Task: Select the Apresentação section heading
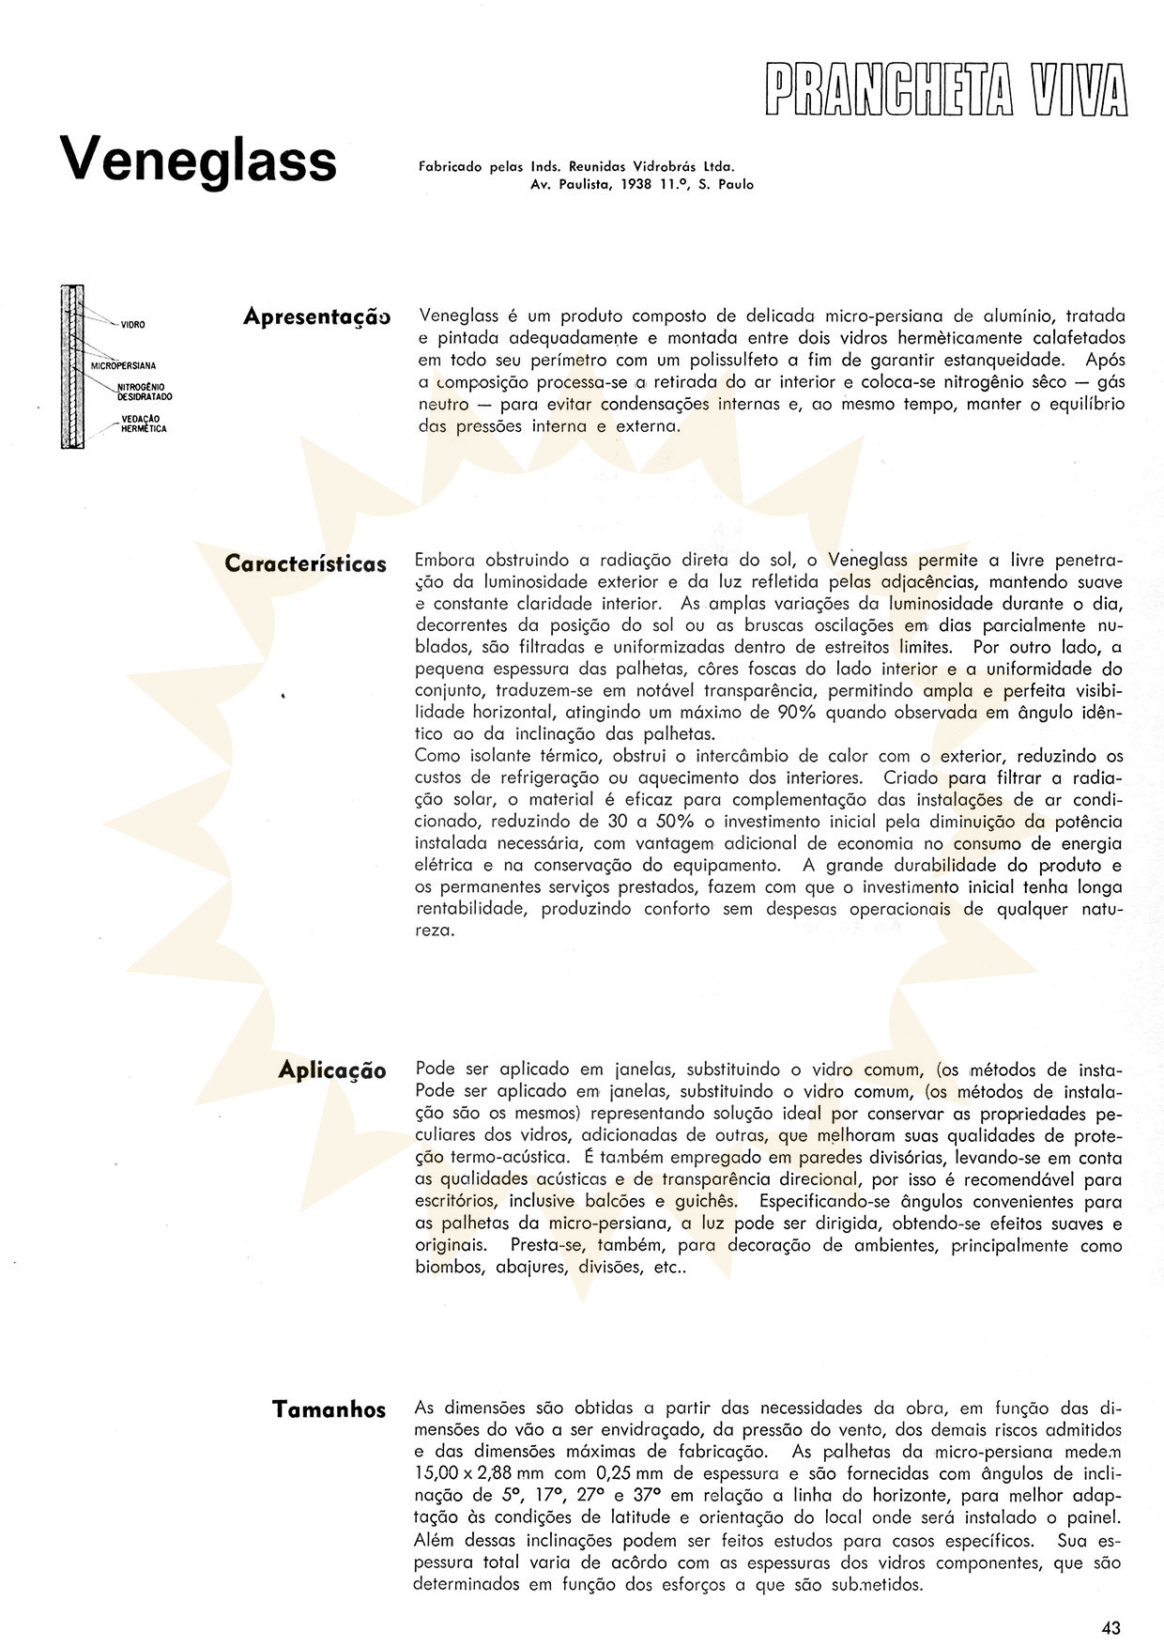coord(315,317)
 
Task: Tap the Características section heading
coord(305,564)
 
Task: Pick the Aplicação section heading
coord(332,1070)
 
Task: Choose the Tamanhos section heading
coord(329,1409)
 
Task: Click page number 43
coord(1111,1628)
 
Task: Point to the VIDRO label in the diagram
coord(132,324)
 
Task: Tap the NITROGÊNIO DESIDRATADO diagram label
coord(145,392)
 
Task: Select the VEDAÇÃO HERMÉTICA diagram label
coord(144,423)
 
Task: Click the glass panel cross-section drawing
coord(71,365)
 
